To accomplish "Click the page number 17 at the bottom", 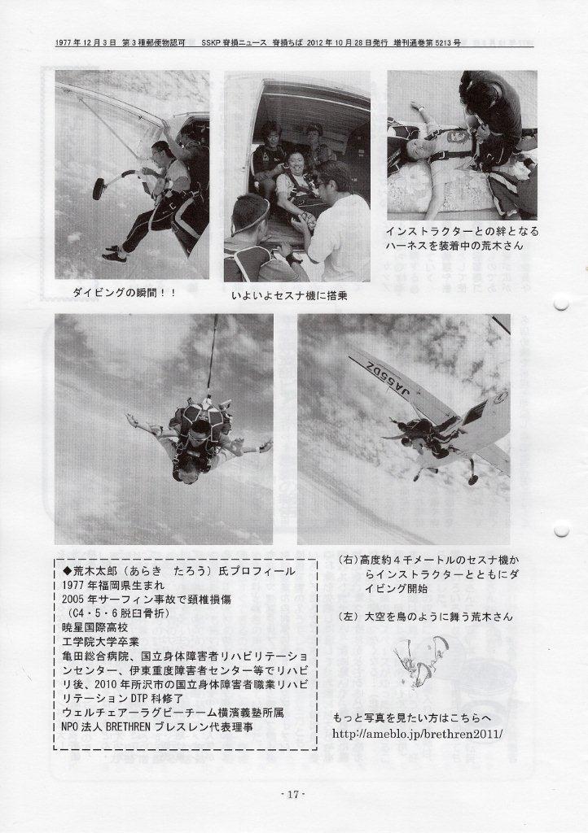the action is pyautogui.click(x=293, y=795).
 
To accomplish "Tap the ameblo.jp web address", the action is pyautogui.click(x=417, y=734).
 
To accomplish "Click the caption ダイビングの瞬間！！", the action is pyautogui.click(x=124, y=292).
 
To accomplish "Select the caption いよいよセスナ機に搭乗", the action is pyautogui.click(x=289, y=295).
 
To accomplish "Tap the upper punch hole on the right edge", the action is pyautogui.click(x=561, y=304).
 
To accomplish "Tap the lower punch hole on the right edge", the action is pyautogui.click(x=561, y=530).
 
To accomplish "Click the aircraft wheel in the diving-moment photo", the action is pyautogui.click(x=99, y=188).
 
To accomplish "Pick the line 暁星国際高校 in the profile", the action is pyautogui.click(x=94, y=627).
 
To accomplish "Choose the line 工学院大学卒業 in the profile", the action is pyautogui.click(x=100, y=641).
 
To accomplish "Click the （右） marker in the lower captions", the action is pyautogui.click(x=349, y=560).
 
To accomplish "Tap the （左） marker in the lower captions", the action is pyautogui.click(x=349, y=617).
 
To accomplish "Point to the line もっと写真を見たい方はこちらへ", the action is pyautogui.click(x=412, y=719).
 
